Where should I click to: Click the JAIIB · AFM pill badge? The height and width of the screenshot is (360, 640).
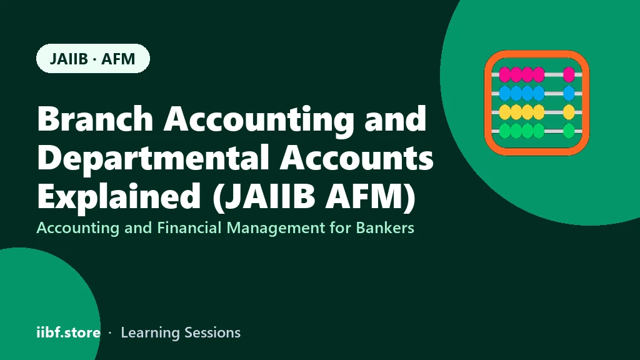coord(93,58)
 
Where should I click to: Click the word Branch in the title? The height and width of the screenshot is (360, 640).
coord(95,118)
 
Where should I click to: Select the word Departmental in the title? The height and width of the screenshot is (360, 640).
coord(153,157)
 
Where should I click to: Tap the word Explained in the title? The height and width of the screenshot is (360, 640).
coord(119,196)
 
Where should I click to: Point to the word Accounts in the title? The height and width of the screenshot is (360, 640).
coord(356,157)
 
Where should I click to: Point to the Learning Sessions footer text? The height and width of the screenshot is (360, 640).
coord(181,333)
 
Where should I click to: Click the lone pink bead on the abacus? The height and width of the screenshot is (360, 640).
coord(569,75)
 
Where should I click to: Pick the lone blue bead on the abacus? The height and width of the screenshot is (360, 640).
coord(569,94)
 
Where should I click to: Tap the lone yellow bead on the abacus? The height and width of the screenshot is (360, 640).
coord(569,112)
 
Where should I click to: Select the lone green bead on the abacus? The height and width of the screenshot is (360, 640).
coord(569,131)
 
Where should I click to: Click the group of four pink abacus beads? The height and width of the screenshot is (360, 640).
coord(522,75)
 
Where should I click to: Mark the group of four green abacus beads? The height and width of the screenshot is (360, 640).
coord(522,131)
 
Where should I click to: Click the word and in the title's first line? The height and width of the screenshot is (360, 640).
coord(396,118)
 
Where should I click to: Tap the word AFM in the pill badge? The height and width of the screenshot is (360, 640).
coord(118,59)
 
